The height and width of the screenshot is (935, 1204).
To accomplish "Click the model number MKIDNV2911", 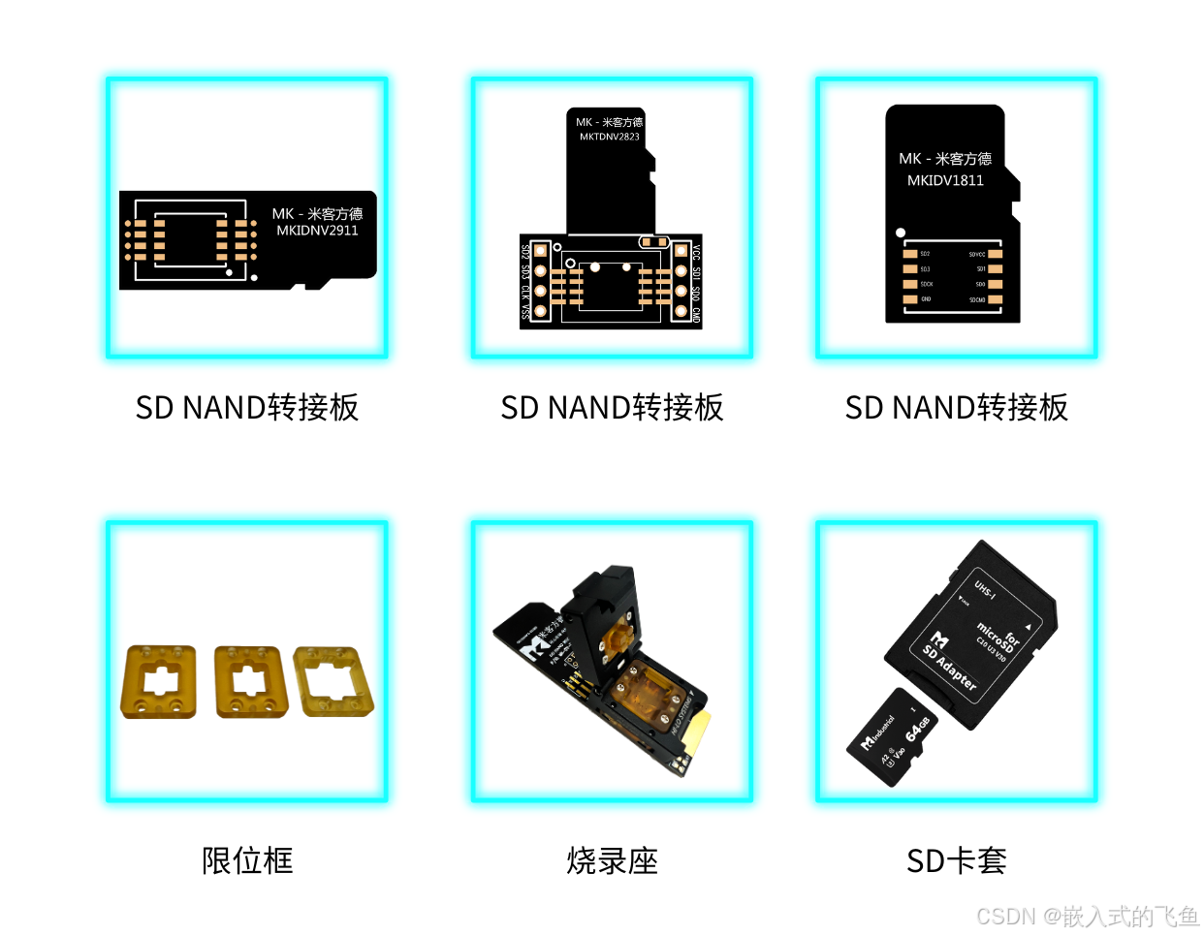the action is pyautogui.click(x=317, y=231).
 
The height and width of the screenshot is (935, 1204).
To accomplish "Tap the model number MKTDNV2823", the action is pyautogui.click(x=610, y=137).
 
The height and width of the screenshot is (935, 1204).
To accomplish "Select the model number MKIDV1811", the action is pyautogui.click(x=945, y=180).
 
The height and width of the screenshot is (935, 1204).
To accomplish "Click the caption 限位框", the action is pyautogui.click(x=247, y=860).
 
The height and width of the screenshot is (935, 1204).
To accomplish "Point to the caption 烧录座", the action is pyautogui.click(x=612, y=860).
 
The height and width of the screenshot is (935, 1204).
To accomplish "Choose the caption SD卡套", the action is pyautogui.click(x=957, y=860).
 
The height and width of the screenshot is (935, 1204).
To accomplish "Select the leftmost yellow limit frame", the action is pyautogui.click(x=158, y=682).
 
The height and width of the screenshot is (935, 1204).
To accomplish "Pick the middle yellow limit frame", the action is pyautogui.click(x=251, y=682).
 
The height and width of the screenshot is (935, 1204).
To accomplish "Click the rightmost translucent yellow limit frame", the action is pyautogui.click(x=333, y=681).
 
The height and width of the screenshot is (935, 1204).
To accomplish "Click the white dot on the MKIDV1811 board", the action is pyautogui.click(x=901, y=233).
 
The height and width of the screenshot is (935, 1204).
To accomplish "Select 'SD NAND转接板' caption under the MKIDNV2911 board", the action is pyautogui.click(x=247, y=408).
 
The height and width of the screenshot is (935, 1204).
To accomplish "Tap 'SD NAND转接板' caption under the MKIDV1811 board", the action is pyautogui.click(x=957, y=408).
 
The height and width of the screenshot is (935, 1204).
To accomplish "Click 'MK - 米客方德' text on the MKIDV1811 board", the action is pyautogui.click(x=945, y=159).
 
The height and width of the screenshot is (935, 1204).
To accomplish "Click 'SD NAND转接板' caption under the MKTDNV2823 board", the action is pyautogui.click(x=612, y=408).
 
